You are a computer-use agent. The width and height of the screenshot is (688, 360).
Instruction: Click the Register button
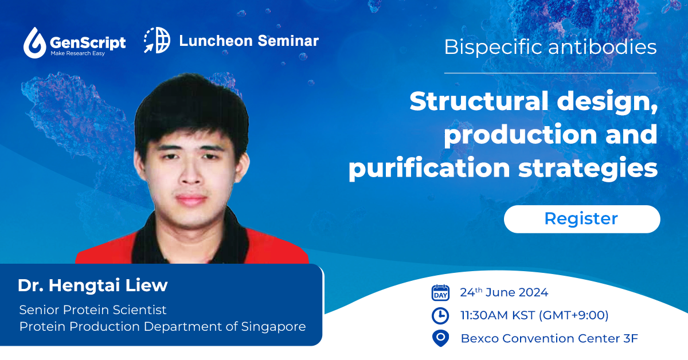pyautogui.click(x=582, y=219)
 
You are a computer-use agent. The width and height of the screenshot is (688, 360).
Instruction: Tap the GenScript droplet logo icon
pyautogui.click(x=35, y=42)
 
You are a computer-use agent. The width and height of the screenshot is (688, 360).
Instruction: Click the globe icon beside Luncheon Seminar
pyautogui.click(x=157, y=40)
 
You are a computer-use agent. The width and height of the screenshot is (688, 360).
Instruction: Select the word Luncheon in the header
pyautogui.click(x=216, y=41)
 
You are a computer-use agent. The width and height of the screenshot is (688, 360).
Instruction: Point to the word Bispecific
pyautogui.click(x=493, y=48)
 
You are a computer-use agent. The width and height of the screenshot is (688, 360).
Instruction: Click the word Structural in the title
pyautogui.click(x=479, y=101)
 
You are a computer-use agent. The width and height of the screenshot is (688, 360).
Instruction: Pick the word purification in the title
pyautogui.click(x=429, y=168)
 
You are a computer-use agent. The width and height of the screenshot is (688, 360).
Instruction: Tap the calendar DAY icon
pyautogui.click(x=440, y=293)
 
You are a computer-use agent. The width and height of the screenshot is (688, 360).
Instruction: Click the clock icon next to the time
pyautogui.click(x=440, y=316)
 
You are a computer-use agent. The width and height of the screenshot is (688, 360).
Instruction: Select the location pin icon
pyautogui.click(x=440, y=338)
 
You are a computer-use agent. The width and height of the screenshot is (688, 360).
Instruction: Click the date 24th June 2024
pyautogui.click(x=504, y=292)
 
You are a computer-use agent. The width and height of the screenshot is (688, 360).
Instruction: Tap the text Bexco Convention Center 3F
pyautogui.click(x=549, y=338)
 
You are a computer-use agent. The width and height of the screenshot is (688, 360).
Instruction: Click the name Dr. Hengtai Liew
pyautogui.click(x=93, y=285)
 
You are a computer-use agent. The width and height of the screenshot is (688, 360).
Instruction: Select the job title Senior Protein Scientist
pyautogui.click(x=93, y=310)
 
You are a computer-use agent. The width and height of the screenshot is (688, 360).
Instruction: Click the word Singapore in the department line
pyautogui.click(x=273, y=327)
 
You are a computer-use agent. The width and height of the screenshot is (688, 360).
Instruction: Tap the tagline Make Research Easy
pyautogui.click(x=78, y=53)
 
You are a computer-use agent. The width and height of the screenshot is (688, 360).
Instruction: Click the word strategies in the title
pyautogui.click(x=588, y=168)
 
